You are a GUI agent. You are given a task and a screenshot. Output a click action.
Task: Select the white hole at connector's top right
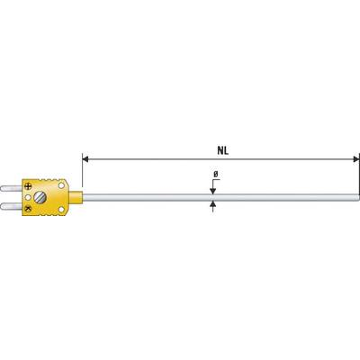point(60,184)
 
